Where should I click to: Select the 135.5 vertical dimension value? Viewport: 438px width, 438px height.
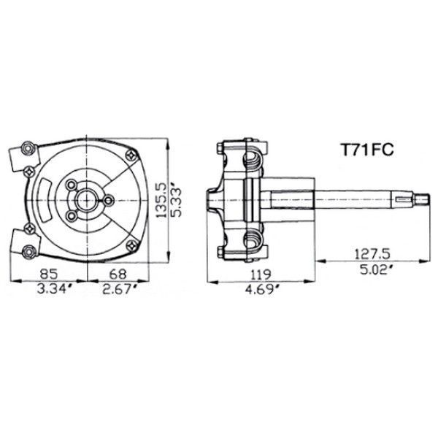161,200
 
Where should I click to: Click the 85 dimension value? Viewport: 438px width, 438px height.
49,274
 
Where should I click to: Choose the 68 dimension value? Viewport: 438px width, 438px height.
118,274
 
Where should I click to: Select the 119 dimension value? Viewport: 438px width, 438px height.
261,275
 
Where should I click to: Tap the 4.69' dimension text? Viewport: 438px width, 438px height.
263,290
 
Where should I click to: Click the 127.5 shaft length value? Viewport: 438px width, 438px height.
372,254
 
